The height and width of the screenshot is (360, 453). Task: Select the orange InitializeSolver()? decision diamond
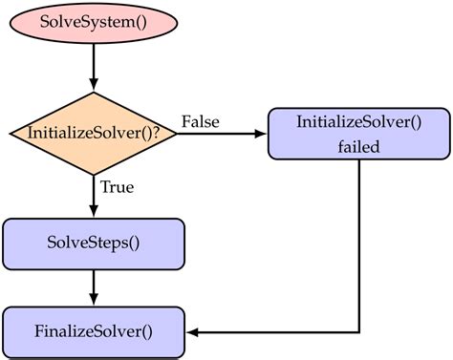coord(93,134)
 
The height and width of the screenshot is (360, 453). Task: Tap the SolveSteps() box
coord(93,243)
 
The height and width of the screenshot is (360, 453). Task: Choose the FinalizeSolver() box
coord(93,332)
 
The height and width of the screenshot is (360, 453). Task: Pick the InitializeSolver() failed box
coord(358,134)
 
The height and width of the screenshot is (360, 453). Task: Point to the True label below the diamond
coord(116,186)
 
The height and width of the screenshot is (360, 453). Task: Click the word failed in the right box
coord(358,147)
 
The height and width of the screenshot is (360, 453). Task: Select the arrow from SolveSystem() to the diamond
coord(93,67)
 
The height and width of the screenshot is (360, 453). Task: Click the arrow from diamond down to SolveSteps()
coord(93,196)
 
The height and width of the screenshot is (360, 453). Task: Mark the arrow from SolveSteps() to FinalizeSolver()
coord(93,286)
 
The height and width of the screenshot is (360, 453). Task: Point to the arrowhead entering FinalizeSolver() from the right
coord(191,332)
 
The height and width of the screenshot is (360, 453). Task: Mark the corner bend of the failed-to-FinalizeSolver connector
coord(358,332)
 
